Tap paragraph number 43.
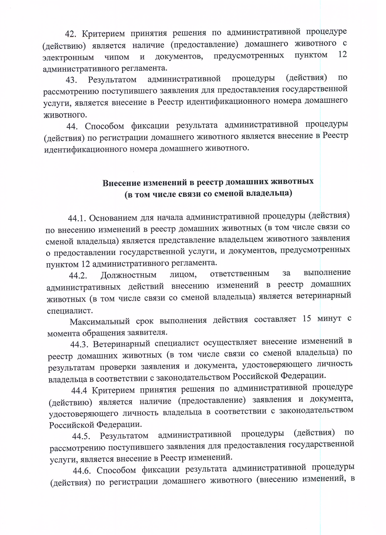[71, 80]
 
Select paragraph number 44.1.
[77, 219]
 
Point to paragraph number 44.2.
[78, 276]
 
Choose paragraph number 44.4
[79, 391]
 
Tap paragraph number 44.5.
[81, 437]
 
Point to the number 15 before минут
[307, 319]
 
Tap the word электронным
[68, 58]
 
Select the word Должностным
[128, 275]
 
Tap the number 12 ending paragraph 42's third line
[343, 54]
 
